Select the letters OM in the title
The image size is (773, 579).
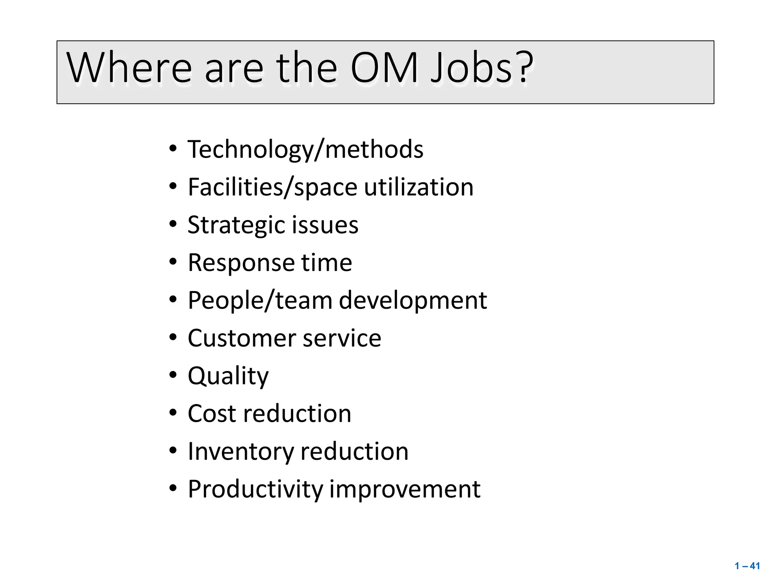(x=384, y=68)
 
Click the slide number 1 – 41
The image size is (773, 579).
(x=747, y=566)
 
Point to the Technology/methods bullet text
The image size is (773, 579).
(x=305, y=150)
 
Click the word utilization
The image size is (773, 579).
(x=419, y=187)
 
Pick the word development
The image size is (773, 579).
(x=413, y=300)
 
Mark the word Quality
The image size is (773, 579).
(x=228, y=376)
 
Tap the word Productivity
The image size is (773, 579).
(x=256, y=489)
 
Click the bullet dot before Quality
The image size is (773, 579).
(x=173, y=375)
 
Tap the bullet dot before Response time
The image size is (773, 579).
(x=173, y=262)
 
